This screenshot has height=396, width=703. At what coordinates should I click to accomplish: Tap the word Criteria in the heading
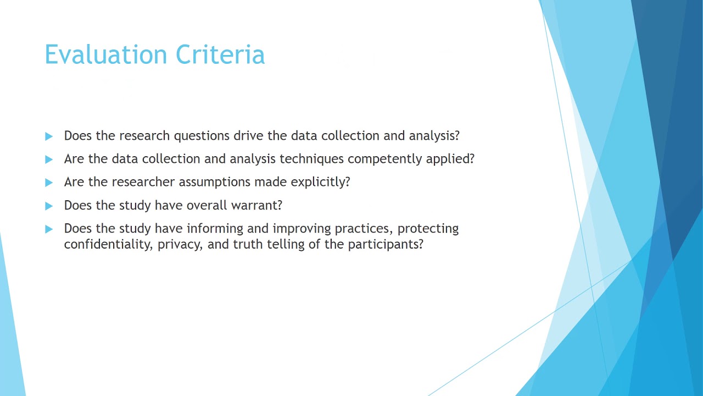[x=220, y=55]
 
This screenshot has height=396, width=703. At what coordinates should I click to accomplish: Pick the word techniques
[x=311, y=159]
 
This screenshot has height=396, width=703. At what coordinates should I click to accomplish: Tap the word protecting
[x=428, y=228]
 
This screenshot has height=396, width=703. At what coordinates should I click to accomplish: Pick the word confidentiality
[x=107, y=244]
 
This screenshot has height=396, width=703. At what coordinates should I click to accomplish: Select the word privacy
[x=180, y=244]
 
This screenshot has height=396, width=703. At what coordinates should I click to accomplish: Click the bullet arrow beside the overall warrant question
[x=49, y=206]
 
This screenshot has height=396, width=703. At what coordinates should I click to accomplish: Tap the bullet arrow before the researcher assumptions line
[x=49, y=183]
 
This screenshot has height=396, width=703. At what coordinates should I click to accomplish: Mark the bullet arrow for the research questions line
[x=49, y=136]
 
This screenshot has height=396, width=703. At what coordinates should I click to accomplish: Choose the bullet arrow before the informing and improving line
[x=49, y=229]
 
